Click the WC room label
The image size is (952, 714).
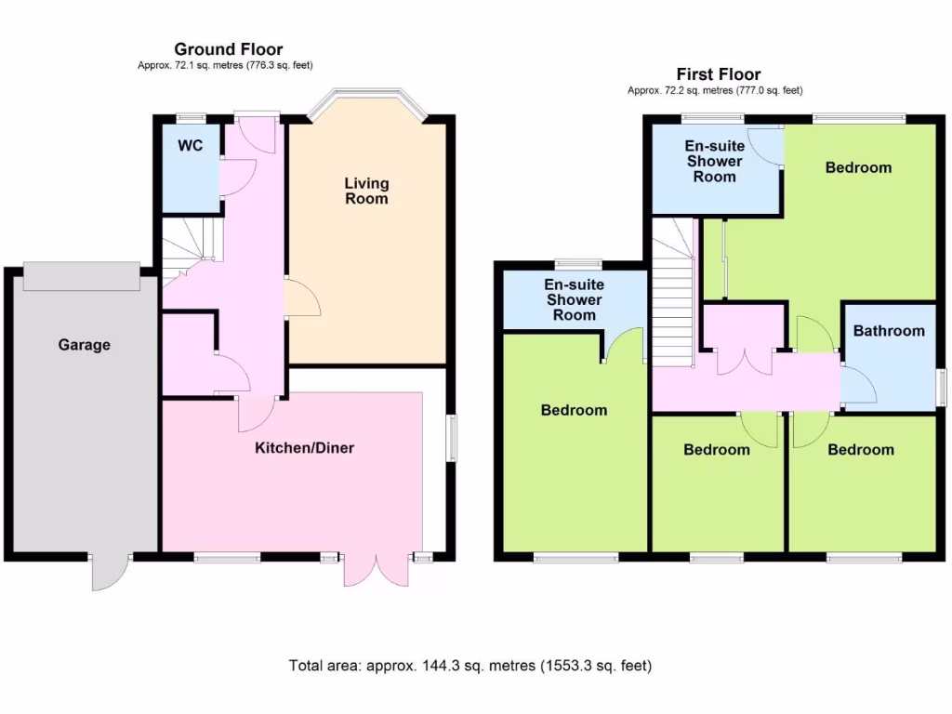[192, 146]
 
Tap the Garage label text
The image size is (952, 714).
[85, 345]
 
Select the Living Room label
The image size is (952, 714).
[366, 191]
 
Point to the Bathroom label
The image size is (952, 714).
[889, 331]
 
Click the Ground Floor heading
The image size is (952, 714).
[228, 49]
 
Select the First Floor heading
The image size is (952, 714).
[719, 74]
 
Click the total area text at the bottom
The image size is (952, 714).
[470, 666]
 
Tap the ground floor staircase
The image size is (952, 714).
[191, 246]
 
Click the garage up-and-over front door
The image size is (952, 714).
[82, 276]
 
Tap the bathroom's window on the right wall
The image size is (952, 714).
[941, 387]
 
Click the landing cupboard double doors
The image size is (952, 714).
[745, 361]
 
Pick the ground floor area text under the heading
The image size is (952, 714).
[228, 65]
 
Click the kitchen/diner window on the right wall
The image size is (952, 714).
[451, 437]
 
